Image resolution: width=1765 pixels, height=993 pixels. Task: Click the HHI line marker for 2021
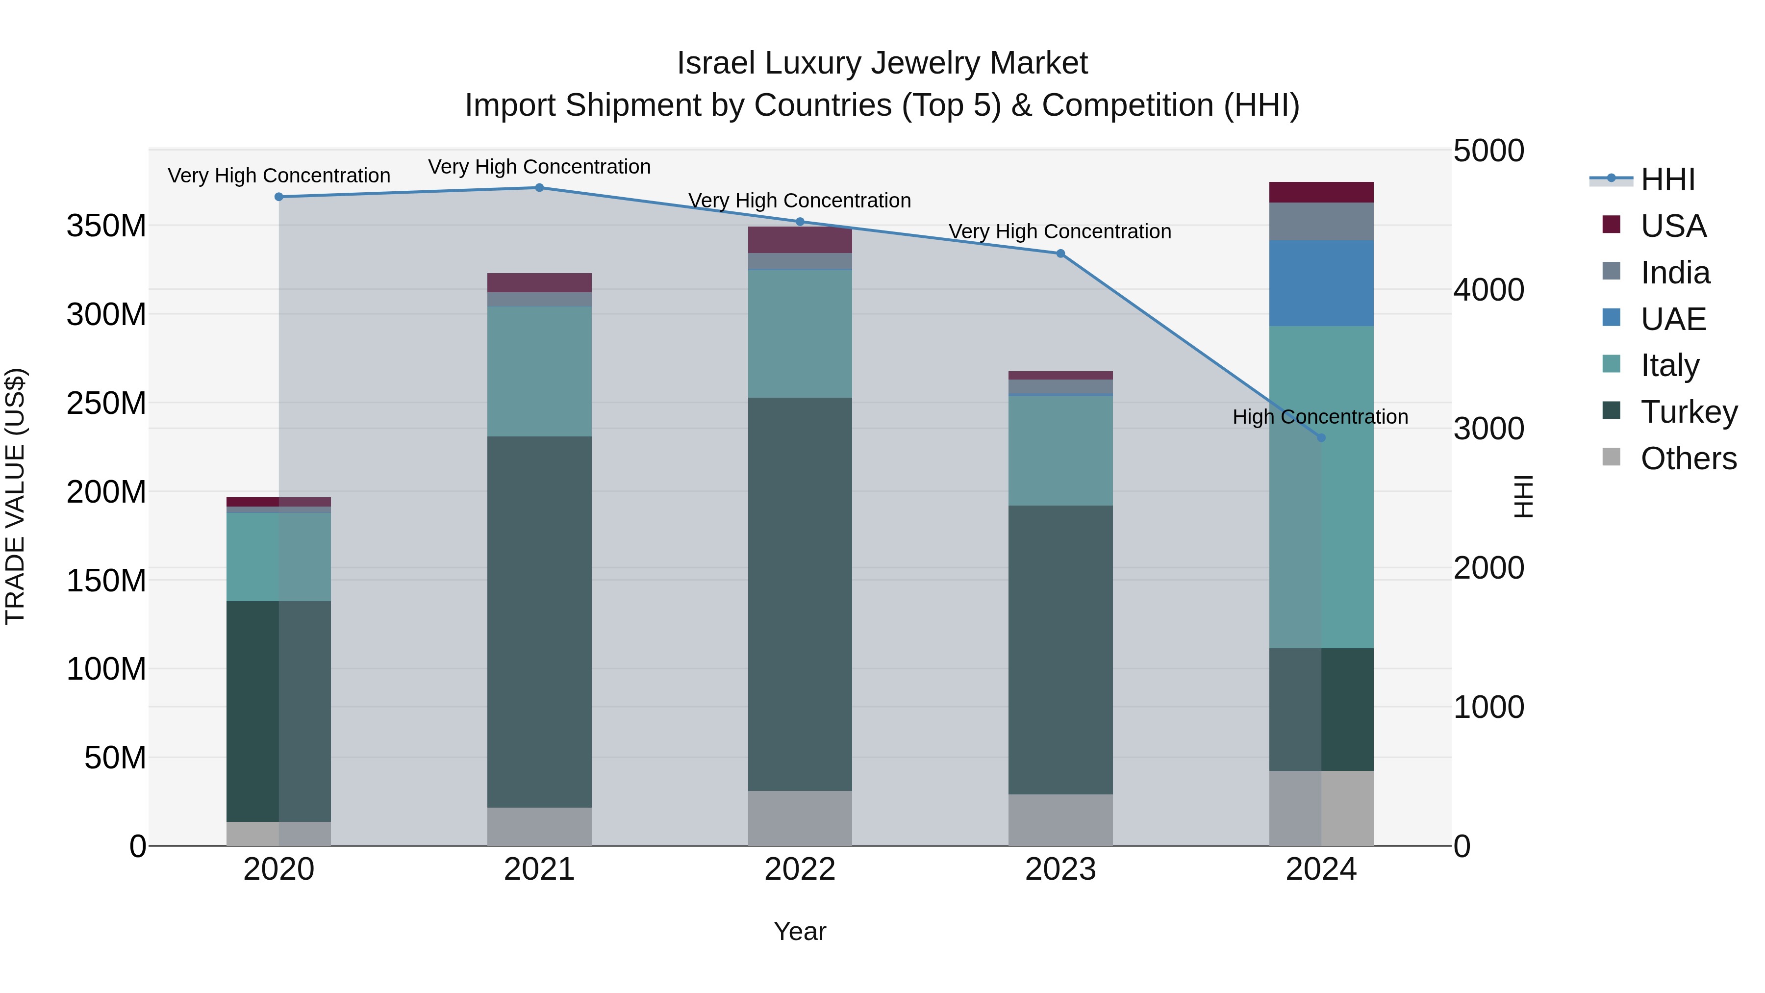click(x=539, y=188)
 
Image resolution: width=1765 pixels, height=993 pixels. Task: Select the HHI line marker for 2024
click(x=1321, y=438)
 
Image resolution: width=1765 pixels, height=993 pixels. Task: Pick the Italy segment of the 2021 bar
click(x=539, y=371)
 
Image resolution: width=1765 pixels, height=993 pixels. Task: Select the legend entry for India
click(x=1675, y=273)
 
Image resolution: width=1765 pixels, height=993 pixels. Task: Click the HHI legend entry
click(x=1668, y=179)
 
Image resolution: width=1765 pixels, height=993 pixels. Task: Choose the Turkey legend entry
click(x=1688, y=412)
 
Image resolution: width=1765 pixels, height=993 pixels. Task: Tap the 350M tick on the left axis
click(x=106, y=226)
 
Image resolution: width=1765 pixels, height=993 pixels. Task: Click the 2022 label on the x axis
click(x=800, y=869)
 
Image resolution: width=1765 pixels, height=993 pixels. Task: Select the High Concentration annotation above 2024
click(x=1320, y=417)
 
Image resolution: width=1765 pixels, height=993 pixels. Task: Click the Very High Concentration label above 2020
click(x=279, y=176)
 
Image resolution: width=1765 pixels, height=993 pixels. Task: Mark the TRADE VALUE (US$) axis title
click(x=15, y=496)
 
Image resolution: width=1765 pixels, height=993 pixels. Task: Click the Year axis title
click(x=800, y=931)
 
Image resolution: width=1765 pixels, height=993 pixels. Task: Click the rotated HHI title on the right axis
click(x=1522, y=496)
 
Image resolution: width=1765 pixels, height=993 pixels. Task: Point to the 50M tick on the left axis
click(x=115, y=758)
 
